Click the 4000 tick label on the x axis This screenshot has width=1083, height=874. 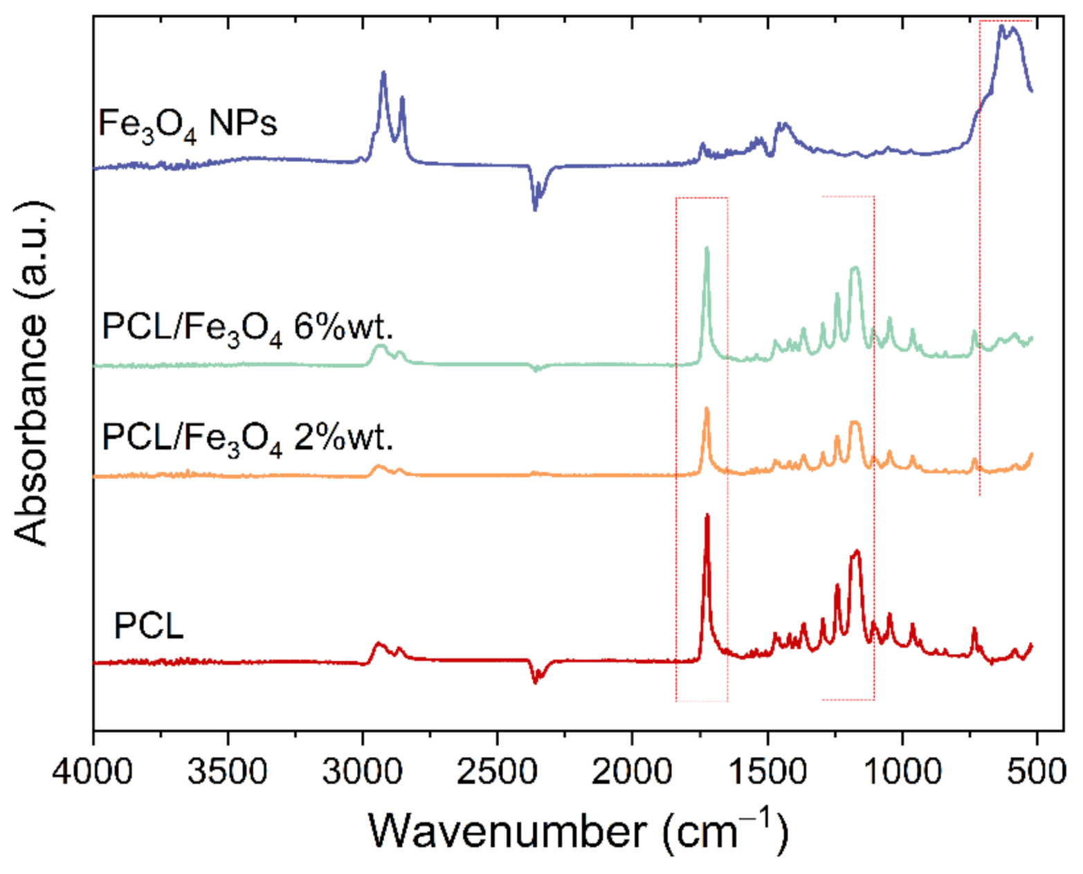[93, 771]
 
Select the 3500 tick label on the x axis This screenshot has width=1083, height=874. [228, 771]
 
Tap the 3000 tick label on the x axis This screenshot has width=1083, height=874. [363, 771]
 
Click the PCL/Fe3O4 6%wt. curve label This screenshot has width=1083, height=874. [247, 327]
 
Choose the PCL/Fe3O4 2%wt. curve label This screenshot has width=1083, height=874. [247, 437]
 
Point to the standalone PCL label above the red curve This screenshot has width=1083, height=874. [149, 627]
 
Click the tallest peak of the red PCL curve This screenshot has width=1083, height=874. [707, 516]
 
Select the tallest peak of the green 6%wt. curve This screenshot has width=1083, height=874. [707, 248]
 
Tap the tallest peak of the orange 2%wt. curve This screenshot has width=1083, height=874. [707, 408]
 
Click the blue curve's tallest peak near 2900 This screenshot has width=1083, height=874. [383, 72]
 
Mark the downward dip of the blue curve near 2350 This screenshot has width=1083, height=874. [535, 208]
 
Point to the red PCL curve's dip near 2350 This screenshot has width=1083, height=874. [535, 682]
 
